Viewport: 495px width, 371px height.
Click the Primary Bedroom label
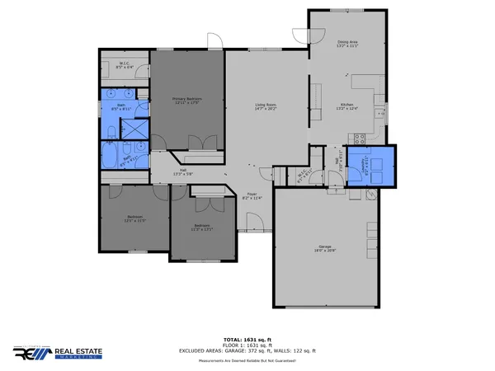pos(187,101)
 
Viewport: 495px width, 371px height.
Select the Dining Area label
pos(347,43)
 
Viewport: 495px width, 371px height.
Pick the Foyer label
pos(252,195)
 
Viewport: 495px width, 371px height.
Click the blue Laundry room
pos(370,167)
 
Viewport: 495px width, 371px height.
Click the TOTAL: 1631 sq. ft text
pos(247,339)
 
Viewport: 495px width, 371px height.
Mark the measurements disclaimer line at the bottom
pos(247,359)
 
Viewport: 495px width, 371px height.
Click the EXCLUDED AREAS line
pos(247,350)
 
